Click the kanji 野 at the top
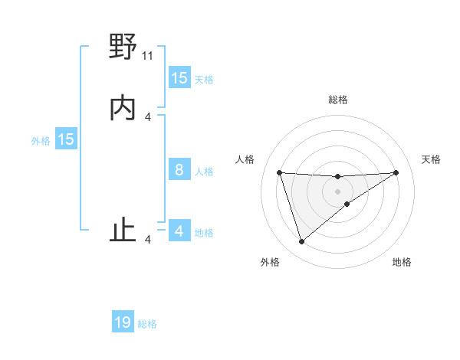click(123, 47)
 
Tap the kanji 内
click(123, 109)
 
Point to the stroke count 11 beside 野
click(148, 56)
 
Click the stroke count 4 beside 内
click(148, 117)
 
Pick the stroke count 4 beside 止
click(148, 241)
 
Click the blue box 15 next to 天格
click(179, 78)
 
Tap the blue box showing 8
click(179, 170)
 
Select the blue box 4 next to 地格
click(179, 231)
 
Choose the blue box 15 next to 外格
click(66, 139)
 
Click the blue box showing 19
click(123, 323)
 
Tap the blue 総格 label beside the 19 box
click(147, 324)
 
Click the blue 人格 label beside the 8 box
click(204, 171)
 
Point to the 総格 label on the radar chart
click(338, 100)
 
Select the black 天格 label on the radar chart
click(432, 159)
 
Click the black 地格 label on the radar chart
click(402, 262)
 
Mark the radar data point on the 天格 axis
click(396, 172)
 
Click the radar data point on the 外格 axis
click(301, 242)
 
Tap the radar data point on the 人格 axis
click(279, 172)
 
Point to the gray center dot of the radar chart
click(338, 191)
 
